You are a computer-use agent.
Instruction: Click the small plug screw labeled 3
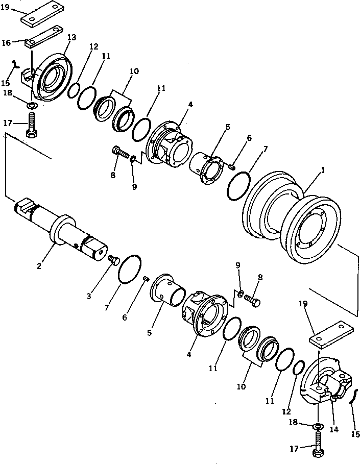pos(114,261)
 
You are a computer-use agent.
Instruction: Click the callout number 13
pos(71,38)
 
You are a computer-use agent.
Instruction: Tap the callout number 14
pos(334,430)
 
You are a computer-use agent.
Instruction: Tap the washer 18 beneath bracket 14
pos(317,426)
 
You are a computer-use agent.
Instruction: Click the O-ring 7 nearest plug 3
pos(129,268)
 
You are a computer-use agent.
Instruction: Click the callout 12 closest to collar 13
pos(93,46)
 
